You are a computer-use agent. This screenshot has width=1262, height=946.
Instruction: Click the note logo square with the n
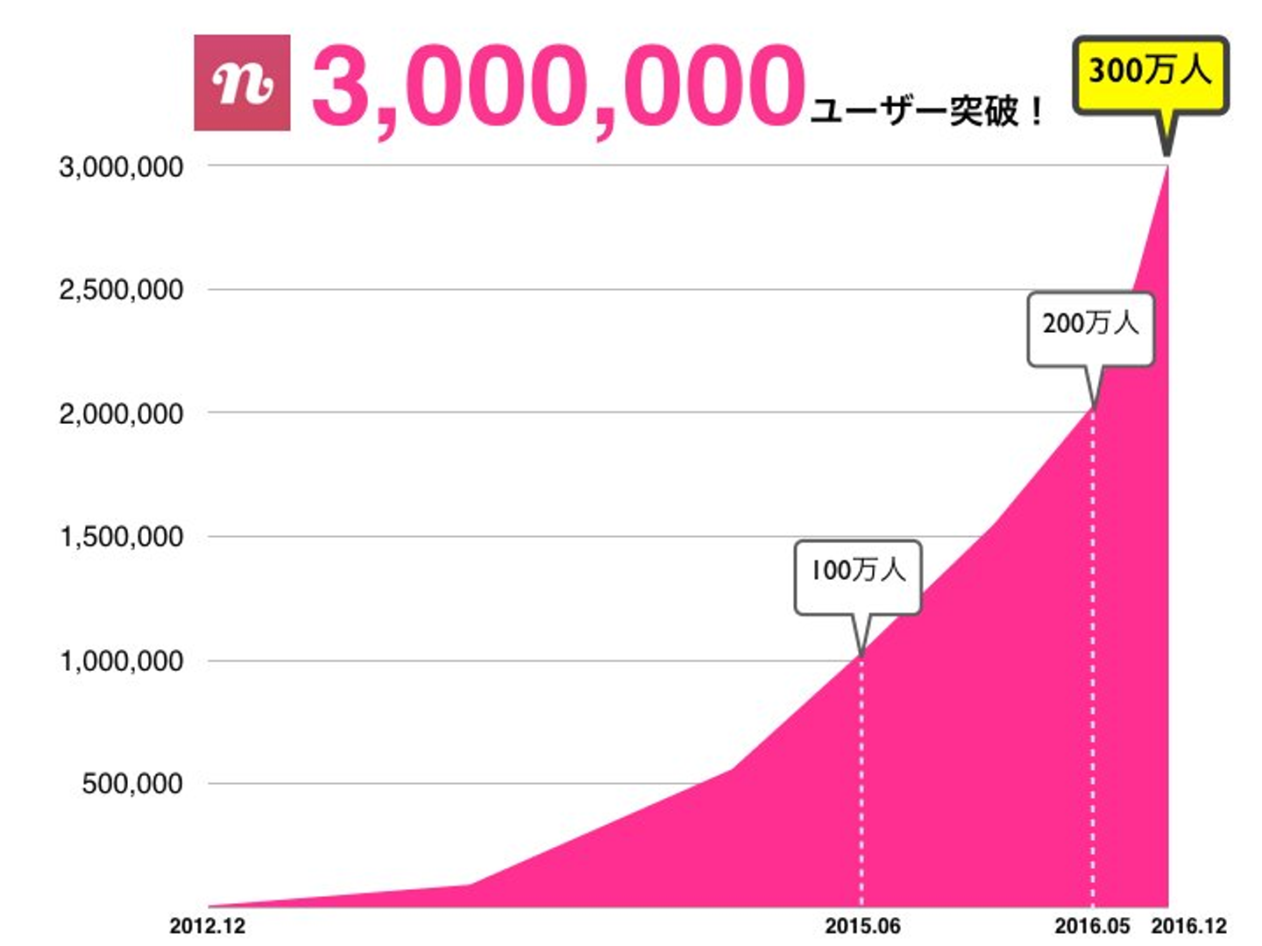tap(242, 83)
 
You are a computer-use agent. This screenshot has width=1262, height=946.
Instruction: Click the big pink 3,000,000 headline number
tap(557, 86)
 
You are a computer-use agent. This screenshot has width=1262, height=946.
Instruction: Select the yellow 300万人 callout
tap(1150, 72)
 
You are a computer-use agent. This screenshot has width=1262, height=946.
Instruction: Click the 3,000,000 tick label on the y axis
tap(122, 166)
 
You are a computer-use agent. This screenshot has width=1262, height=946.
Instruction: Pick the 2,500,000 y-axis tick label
tap(122, 290)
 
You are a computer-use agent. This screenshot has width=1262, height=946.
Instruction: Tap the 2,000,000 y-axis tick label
tap(122, 413)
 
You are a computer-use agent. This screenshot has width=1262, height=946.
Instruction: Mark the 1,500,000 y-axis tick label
tap(122, 537)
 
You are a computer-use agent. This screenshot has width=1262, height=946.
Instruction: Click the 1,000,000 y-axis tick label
tap(122, 660)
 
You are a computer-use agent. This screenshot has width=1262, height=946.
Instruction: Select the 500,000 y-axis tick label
tap(132, 784)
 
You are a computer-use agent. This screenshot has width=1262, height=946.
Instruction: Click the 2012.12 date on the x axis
tap(208, 926)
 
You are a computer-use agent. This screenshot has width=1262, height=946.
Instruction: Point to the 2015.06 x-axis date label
tap(862, 926)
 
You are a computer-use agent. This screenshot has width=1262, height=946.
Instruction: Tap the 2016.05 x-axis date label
tap(1092, 926)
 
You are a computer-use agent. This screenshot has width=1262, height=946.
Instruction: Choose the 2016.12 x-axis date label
tap(1188, 926)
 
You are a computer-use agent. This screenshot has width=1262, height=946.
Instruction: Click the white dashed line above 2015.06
tap(861, 780)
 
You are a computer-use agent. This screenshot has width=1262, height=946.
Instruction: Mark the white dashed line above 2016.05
tap(1092, 657)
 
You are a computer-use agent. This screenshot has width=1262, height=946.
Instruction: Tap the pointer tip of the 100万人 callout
tap(861, 653)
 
